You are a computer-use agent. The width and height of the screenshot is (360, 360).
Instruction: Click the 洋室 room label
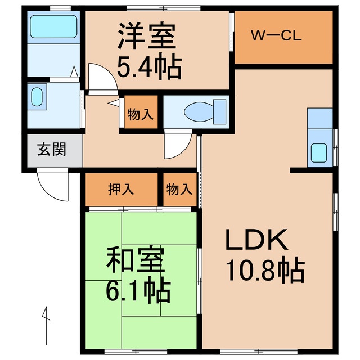[147, 37]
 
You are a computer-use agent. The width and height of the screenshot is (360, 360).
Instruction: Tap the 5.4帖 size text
[148, 67]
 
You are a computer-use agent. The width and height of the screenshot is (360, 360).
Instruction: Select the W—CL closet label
[276, 37]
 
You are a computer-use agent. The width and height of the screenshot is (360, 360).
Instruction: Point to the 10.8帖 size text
[265, 272]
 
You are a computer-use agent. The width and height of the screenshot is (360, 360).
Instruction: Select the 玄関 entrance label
[52, 150]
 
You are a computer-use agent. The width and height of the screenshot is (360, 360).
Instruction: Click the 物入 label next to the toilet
[140, 114]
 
